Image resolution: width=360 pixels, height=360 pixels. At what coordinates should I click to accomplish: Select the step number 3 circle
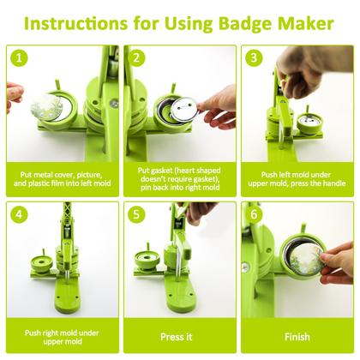tap(253, 59)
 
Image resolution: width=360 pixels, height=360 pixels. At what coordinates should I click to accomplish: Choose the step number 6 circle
tap(253, 215)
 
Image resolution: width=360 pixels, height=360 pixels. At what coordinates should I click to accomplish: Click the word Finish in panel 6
tap(297, 336)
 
